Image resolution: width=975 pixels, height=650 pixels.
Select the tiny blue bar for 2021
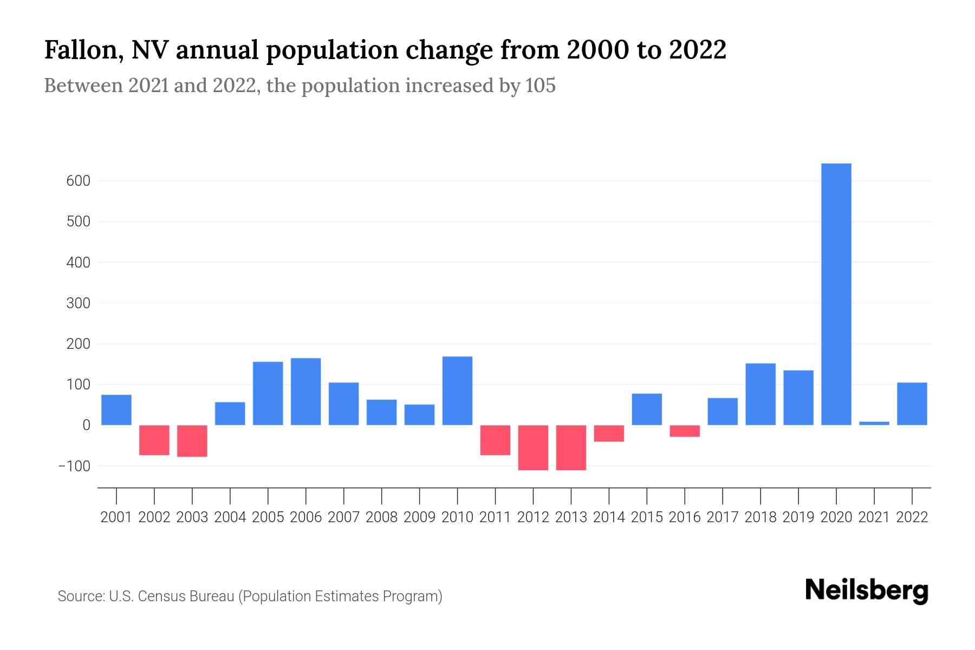874,423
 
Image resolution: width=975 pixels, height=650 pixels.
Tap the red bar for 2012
533,447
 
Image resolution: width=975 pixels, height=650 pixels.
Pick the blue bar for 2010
457,391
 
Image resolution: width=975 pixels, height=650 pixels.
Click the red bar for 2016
685,431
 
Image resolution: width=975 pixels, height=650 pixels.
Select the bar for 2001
116,410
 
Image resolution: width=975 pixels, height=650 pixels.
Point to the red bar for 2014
609,433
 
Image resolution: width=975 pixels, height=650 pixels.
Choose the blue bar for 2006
305,392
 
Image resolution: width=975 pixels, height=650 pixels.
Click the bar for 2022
912,404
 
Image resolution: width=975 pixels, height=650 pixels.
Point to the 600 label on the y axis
78,181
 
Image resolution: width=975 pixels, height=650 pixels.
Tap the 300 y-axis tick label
78,303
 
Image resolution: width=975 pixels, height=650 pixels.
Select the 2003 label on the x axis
192,517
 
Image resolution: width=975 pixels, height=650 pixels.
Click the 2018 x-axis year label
760,517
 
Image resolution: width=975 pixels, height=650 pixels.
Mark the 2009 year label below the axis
419,517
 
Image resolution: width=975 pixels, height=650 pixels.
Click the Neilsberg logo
867,590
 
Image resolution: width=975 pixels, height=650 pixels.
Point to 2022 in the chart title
697,50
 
